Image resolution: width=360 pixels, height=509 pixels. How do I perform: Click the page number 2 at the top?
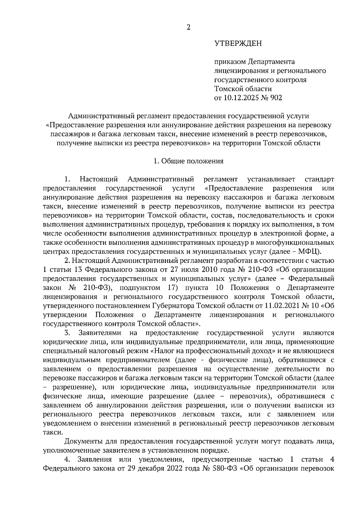tap(188, 27)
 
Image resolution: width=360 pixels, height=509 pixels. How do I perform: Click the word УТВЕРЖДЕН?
tap(238, 44)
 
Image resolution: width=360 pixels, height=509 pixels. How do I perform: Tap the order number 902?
tap(276, 98)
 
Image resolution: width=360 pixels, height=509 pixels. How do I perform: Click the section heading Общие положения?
tap(192, 161)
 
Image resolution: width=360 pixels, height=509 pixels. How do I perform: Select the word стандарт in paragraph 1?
tap(319, 180)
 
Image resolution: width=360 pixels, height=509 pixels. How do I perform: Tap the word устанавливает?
tap(271, 180)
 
